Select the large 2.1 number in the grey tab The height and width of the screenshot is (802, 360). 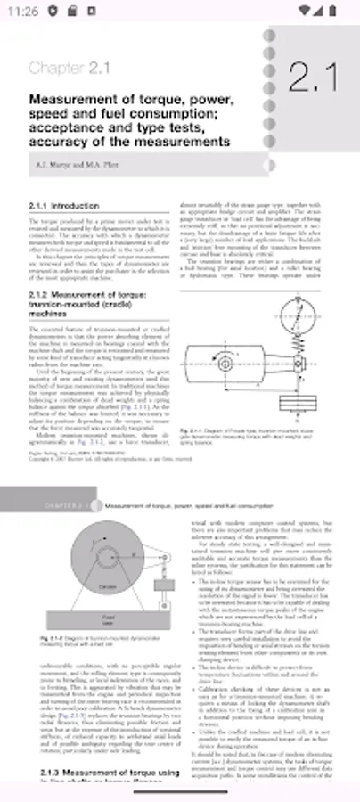313,78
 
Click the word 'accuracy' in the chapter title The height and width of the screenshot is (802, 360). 61,142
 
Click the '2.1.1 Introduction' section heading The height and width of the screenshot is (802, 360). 63,205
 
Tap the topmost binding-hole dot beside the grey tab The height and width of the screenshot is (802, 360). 271,34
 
